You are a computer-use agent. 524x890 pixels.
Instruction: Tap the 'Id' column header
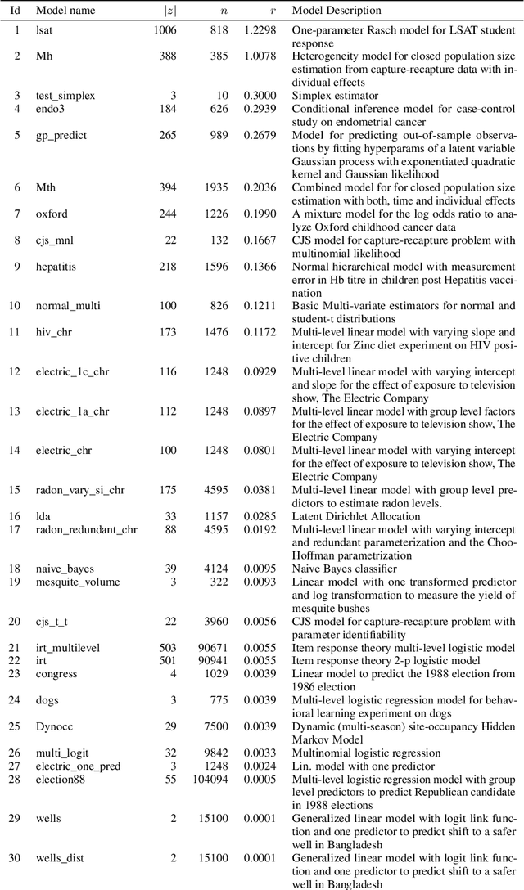pyautogui.click(x=13, y=11)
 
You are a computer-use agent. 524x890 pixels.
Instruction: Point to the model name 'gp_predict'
pyautogui.click(x=61, y=135)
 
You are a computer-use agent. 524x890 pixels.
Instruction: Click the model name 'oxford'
pyautogui.click(x=52, y=214)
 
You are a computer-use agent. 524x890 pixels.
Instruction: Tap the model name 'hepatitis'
pyautogui.click(x=56, y=267)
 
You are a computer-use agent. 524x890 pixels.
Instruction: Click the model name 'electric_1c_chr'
pyautogui.click(x=72, y=371)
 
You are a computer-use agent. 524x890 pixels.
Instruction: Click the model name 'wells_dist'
pyautogui.click(x=60, y=858)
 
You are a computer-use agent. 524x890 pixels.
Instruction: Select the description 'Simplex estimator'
pyautogui.click(x=333, y=96)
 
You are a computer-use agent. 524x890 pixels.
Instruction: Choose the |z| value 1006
pyautogui.click(x=165, y=30)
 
